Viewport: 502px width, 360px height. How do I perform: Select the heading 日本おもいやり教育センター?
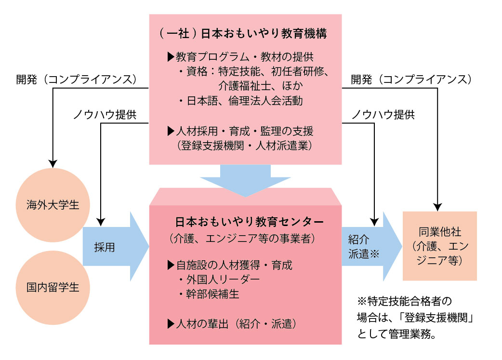pos(249,222)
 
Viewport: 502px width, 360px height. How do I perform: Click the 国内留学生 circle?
pos(53,288)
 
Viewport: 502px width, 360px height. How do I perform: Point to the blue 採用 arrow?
pos(113,247)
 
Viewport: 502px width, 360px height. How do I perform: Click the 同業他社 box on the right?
pos(439,246)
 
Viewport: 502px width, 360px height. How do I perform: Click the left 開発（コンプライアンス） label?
pos(78,79)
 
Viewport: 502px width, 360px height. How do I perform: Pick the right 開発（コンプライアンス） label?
pos(411,79)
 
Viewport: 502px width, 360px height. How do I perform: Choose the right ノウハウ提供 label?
pos(383,115)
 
